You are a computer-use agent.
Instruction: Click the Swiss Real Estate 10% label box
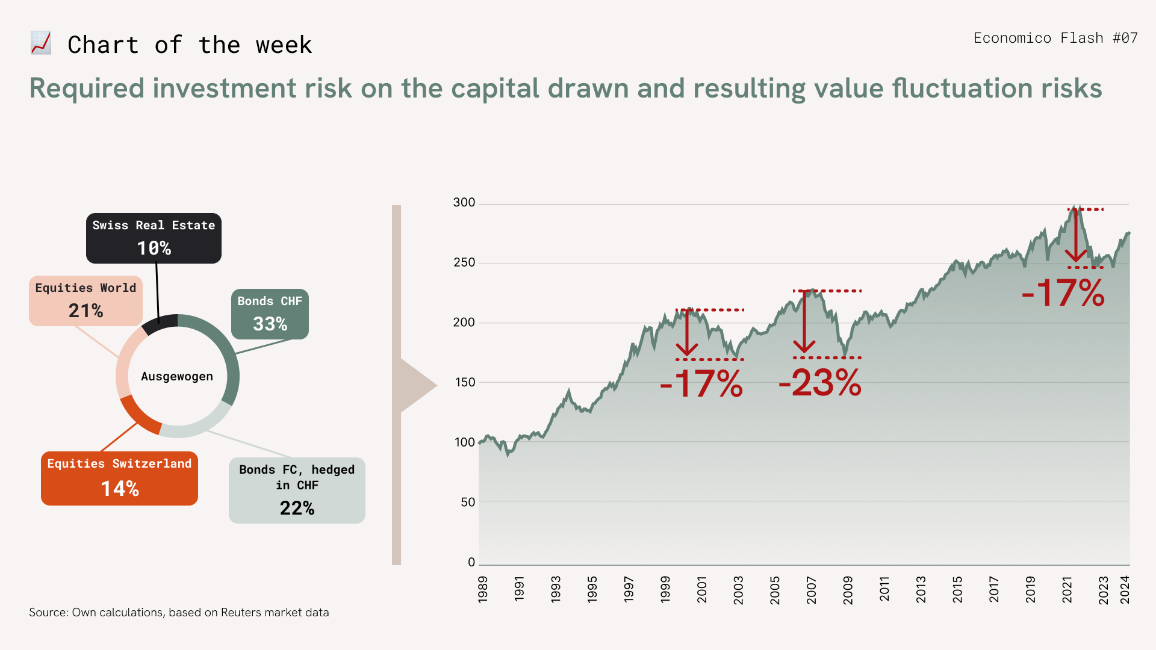pos(154,238)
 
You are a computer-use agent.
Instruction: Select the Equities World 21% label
pos(85,301)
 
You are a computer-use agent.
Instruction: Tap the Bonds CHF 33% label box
pos(270,314)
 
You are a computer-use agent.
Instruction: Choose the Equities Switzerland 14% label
pos(119,478)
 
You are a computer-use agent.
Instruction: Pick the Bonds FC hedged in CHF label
pos(297,490)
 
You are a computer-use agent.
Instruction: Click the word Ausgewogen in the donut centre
pos(177,377)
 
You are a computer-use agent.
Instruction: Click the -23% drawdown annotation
pos(820,383)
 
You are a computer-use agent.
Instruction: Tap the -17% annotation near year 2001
pos(701,383)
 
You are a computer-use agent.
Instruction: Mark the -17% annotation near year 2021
pos(1063,293)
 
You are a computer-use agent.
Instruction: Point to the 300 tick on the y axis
pos(464,203)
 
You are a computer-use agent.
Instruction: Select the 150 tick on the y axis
pos(464,382)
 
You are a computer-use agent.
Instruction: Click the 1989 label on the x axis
pos(483,589)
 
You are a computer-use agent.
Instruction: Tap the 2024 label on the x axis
pos(1125,589)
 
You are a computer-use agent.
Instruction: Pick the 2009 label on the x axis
pos(848,589)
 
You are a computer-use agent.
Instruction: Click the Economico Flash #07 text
pos(1055,38)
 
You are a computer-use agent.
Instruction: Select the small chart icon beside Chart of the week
pos(41,43)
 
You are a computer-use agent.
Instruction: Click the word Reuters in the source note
pos(241,613)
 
